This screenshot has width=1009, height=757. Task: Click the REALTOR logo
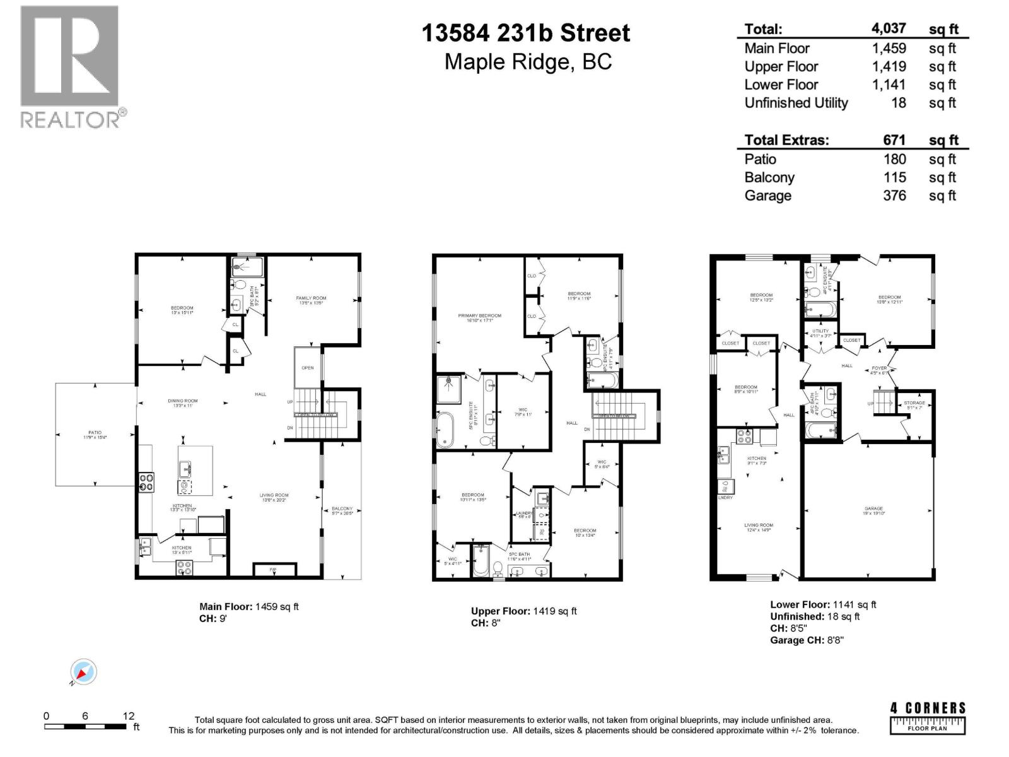pos(70,66)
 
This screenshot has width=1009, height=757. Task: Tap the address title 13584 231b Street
pos(525,33)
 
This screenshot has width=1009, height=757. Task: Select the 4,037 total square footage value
pos(889,28)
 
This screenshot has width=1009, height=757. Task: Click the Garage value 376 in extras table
pos(894,196)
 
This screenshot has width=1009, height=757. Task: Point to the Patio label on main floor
pos(95,433)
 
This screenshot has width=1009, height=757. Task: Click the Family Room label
pos(311,298)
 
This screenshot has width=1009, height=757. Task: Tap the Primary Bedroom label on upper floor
pos(479,315)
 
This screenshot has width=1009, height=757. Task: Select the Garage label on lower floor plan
pos(873,508)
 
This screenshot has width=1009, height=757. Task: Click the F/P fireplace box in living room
pos(274,570)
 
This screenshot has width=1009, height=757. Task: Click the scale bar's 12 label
pos(128,716)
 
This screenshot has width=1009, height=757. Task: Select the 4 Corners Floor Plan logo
pos(927,718)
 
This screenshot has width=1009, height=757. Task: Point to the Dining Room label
pos(182,401)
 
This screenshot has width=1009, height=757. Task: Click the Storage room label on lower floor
pos(914,402)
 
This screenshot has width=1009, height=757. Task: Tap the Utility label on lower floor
pos(820,331)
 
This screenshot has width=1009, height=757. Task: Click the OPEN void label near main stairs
pos(307,368)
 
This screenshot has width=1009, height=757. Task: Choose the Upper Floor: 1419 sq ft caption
pos(523,611)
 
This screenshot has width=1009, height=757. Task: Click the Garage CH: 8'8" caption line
pos(807,640)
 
